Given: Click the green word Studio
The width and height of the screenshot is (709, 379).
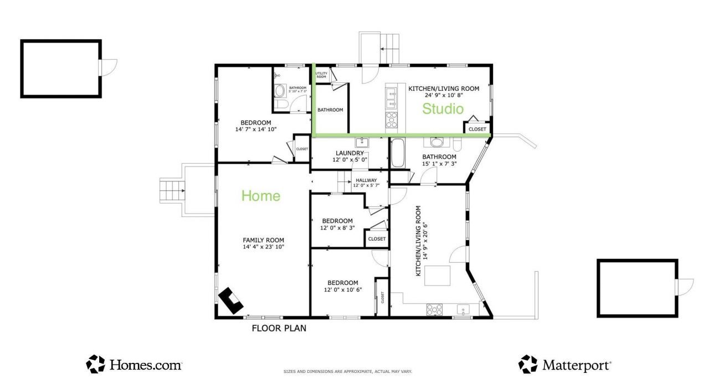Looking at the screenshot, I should (443, 109).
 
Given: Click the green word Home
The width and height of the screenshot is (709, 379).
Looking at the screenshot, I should (260, 196).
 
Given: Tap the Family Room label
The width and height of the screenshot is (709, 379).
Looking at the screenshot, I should (263, 240).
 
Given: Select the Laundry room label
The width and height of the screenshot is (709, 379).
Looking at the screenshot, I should (350, 153).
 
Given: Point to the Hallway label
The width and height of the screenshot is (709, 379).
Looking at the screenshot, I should (366, 180).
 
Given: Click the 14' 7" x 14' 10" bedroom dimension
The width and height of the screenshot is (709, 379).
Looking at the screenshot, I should (255, 129).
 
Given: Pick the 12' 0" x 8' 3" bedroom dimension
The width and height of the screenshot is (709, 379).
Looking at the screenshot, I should (337, 227).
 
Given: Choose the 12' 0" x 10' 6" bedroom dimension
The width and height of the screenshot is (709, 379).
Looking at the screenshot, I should (342, 289).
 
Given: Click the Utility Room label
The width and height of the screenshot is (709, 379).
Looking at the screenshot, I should (321, 75).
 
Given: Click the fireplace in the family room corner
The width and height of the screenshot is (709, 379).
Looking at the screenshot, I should (230, 300).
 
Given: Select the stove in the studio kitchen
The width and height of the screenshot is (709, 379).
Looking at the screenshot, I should (392, 120).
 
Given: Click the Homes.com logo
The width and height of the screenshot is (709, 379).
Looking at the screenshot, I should (134, 365).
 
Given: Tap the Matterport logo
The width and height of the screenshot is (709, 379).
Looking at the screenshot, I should (565, 365).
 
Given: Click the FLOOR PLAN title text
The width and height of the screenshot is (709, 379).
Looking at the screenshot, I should (279, 328).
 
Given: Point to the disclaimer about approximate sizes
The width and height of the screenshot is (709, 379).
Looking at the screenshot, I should (347, 372).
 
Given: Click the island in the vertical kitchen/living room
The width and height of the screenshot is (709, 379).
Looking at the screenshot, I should (437, 275).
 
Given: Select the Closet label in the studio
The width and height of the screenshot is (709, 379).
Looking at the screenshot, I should (477, 129).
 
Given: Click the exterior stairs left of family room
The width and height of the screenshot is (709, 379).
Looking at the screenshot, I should (172, 191).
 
